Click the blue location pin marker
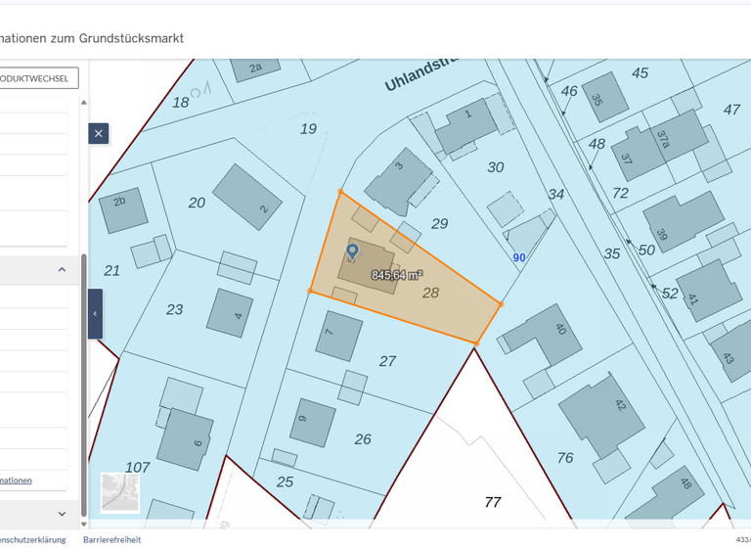coord(353,251)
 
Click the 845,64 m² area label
coord(396,275)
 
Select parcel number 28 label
coord(430,293)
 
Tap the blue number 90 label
coord(519,257)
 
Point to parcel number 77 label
coord(493,502)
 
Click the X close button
coord(98,133)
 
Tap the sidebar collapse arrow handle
coord(95,313)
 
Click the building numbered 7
coord(338,336)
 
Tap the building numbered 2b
coord(122,207)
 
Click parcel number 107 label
coord(138,467)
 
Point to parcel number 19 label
coord(308,128)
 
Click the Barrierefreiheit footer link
coord(112,539)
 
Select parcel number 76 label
coord(565,457)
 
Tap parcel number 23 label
coord(174,309)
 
